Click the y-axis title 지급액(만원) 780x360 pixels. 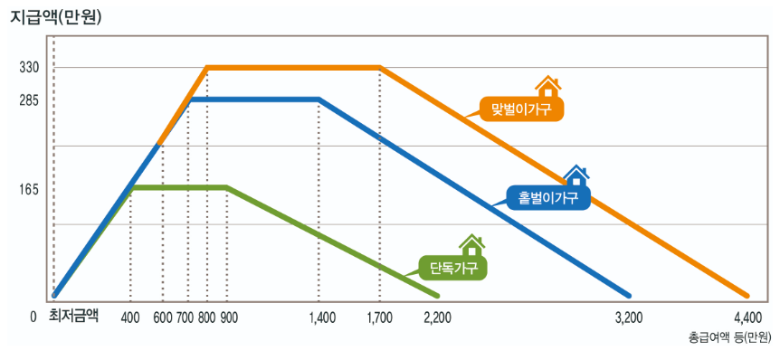[x=54, y=15]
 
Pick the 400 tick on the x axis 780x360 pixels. [x=129, y=317]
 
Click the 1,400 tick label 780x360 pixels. [x=321, y=317]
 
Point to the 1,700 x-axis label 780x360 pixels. [x=381, y=317]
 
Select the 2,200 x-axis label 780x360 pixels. [x=436, y=317]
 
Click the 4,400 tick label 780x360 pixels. [x=748, y=317]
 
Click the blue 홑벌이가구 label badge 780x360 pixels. [x=548, y=196]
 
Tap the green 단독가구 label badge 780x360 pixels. [x=452, y=267]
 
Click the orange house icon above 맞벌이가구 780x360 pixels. [x=547, y=87]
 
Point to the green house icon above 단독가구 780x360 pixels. [x=471, y=245]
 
